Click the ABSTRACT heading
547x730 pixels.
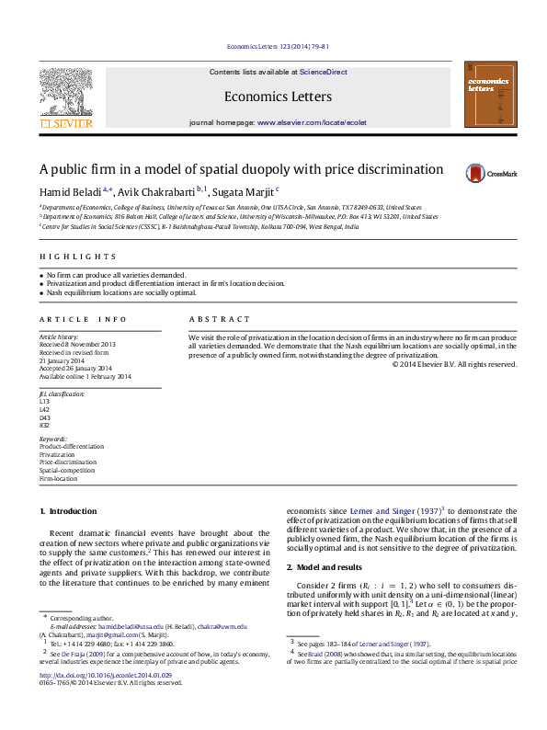coord(220,319)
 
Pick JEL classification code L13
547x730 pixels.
coord(44,401)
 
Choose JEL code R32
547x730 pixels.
coord(44,425)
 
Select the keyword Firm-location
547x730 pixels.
coord(59,479)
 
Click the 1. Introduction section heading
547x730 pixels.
coord(68,511)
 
